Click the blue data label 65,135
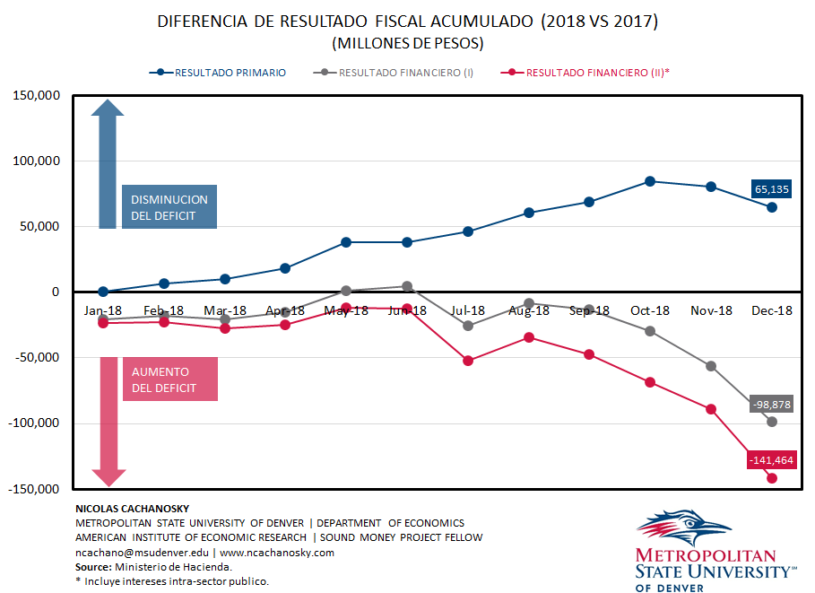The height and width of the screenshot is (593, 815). point(772,188)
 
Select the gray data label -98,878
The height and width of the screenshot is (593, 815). point(772,405)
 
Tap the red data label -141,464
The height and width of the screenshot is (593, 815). point(772,460)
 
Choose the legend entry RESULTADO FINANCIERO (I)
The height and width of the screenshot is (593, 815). point(406,73)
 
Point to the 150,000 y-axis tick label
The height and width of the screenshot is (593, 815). point(34,96)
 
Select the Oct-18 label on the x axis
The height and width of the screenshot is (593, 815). point(650,310)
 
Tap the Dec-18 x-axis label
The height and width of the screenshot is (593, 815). point(772,310)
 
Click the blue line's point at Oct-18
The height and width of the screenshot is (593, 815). point(650,181)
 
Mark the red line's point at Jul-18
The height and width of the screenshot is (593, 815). point(468,361)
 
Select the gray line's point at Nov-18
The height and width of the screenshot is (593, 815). point(711,366)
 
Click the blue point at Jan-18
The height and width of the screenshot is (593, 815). point(103,292)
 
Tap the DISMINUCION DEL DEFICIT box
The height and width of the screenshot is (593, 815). point(169,207)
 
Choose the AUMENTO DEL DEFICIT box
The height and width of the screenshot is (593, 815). point(169,379)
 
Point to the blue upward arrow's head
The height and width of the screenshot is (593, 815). point(108,110)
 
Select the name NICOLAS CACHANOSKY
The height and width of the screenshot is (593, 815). point(132,509)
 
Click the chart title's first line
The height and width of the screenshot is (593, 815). point(407,22)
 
